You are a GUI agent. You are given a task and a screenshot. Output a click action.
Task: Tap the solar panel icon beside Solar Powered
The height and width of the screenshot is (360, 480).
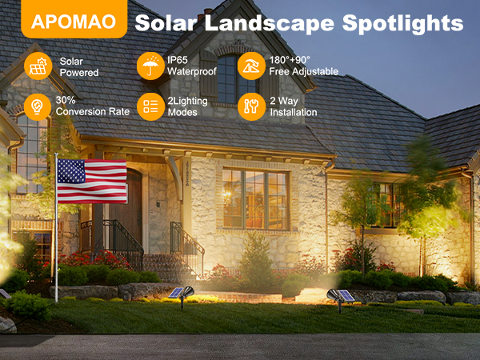(37, 66)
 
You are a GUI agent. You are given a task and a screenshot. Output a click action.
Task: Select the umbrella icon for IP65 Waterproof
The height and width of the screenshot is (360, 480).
(150, 66)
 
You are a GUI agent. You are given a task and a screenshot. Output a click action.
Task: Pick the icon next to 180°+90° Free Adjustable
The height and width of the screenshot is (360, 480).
(251, 66)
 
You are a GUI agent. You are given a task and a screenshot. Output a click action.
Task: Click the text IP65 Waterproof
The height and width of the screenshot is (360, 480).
(187, 66)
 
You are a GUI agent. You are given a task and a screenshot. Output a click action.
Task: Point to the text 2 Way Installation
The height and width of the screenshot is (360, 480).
(294, 106)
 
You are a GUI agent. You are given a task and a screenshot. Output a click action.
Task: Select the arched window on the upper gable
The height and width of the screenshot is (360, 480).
(227, 79)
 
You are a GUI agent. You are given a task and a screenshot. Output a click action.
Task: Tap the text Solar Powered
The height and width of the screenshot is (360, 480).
(79, 66)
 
